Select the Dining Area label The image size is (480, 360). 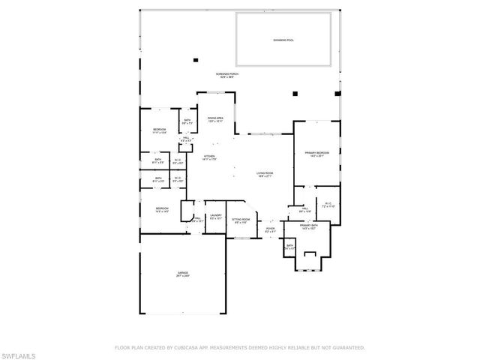[216, 119]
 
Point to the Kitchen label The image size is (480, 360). [209, 158]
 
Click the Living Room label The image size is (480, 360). [264, 175]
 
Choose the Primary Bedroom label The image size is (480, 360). [313, 153]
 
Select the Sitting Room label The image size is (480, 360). [241, 220]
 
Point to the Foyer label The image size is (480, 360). [271, 232]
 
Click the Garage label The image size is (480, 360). [183, 274]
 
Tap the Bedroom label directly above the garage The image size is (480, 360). [162, 211]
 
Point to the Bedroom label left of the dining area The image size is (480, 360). [159, 131]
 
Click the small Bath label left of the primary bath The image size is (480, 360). [289, 246]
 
